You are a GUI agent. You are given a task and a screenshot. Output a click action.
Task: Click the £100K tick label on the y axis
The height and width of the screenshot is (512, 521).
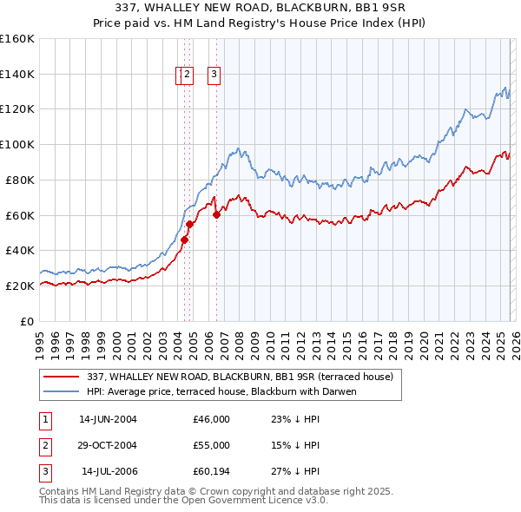coord(17,144)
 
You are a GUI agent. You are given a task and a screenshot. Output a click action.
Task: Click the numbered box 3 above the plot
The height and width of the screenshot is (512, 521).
coord(214,75)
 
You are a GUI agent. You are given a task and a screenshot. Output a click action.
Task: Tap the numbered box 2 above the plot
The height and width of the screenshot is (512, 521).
coord(188,75)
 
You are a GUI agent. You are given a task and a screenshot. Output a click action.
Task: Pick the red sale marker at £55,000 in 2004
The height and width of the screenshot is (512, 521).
coord(190,224)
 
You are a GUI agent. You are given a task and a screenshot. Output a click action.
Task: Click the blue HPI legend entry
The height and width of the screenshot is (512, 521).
coord(221,391)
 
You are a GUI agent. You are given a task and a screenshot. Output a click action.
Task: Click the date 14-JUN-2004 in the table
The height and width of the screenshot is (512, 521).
coord(108,419)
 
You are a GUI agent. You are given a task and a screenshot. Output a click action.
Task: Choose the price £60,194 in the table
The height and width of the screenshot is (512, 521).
coord(212,471)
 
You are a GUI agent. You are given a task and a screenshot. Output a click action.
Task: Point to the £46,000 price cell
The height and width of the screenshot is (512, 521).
coord(212,419)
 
